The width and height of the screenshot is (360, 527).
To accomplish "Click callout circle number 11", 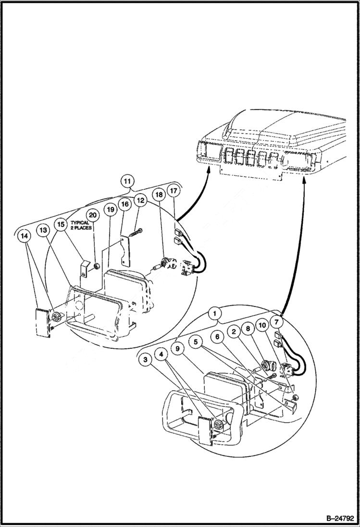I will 127,181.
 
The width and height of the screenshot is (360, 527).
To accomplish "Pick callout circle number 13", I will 44,231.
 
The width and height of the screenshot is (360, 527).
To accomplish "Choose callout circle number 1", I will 216,314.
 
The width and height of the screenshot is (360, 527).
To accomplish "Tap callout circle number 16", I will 125,204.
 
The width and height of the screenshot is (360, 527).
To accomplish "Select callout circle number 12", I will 140,199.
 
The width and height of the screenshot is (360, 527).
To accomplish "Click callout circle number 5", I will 196,342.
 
